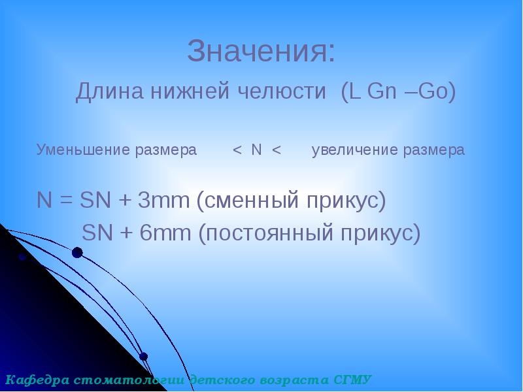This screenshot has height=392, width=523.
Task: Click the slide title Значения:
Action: (261, 52)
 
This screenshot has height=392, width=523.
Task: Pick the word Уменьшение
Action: (84, 150)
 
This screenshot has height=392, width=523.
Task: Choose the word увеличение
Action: (354, 150)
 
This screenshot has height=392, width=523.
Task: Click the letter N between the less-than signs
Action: (256, 150)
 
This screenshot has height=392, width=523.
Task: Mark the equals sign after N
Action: (64, 201)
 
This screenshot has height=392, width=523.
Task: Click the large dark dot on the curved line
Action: (77, 253)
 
